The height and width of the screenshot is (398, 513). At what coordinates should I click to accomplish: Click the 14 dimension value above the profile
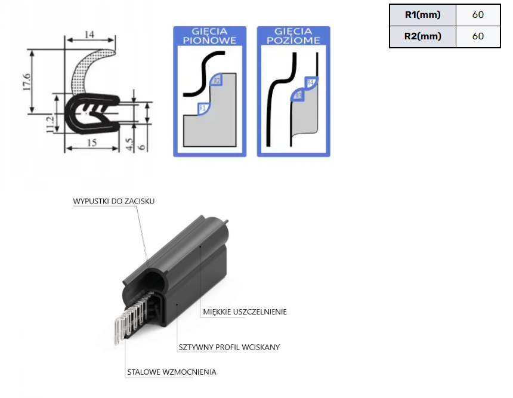(x=89, y=35)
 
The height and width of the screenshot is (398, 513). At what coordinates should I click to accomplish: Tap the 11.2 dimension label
(x=50, y=125)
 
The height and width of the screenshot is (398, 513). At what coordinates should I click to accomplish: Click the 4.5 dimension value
(x=129, y=144)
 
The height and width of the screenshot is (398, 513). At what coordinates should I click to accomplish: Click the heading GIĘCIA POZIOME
(x=293, y=36)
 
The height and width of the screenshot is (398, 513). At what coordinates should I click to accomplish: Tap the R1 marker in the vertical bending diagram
(x=203, y=108)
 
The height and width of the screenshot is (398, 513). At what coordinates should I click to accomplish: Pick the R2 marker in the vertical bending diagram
(x=217, y=80)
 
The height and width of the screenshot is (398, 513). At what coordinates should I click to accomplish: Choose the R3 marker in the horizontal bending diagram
(x=297, y=95)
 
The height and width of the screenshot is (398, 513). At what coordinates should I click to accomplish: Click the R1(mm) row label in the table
(x=422, y=15)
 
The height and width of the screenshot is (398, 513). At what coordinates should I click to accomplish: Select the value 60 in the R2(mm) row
(x=477, y=36)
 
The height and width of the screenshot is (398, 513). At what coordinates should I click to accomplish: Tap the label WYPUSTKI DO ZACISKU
(x=114, y=201)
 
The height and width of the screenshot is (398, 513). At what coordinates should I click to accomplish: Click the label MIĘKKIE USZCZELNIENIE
(x=245, y=311)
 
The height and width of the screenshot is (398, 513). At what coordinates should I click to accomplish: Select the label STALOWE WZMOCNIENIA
(x=172, y=372)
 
